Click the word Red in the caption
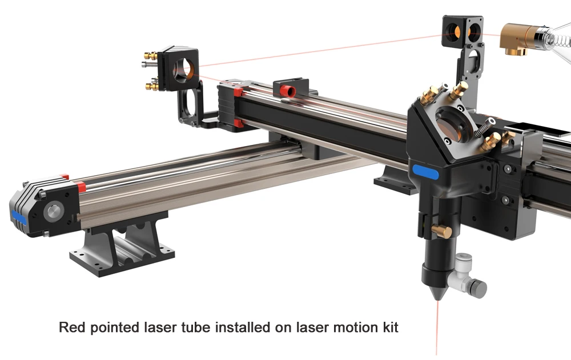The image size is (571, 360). pos(71,328)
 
